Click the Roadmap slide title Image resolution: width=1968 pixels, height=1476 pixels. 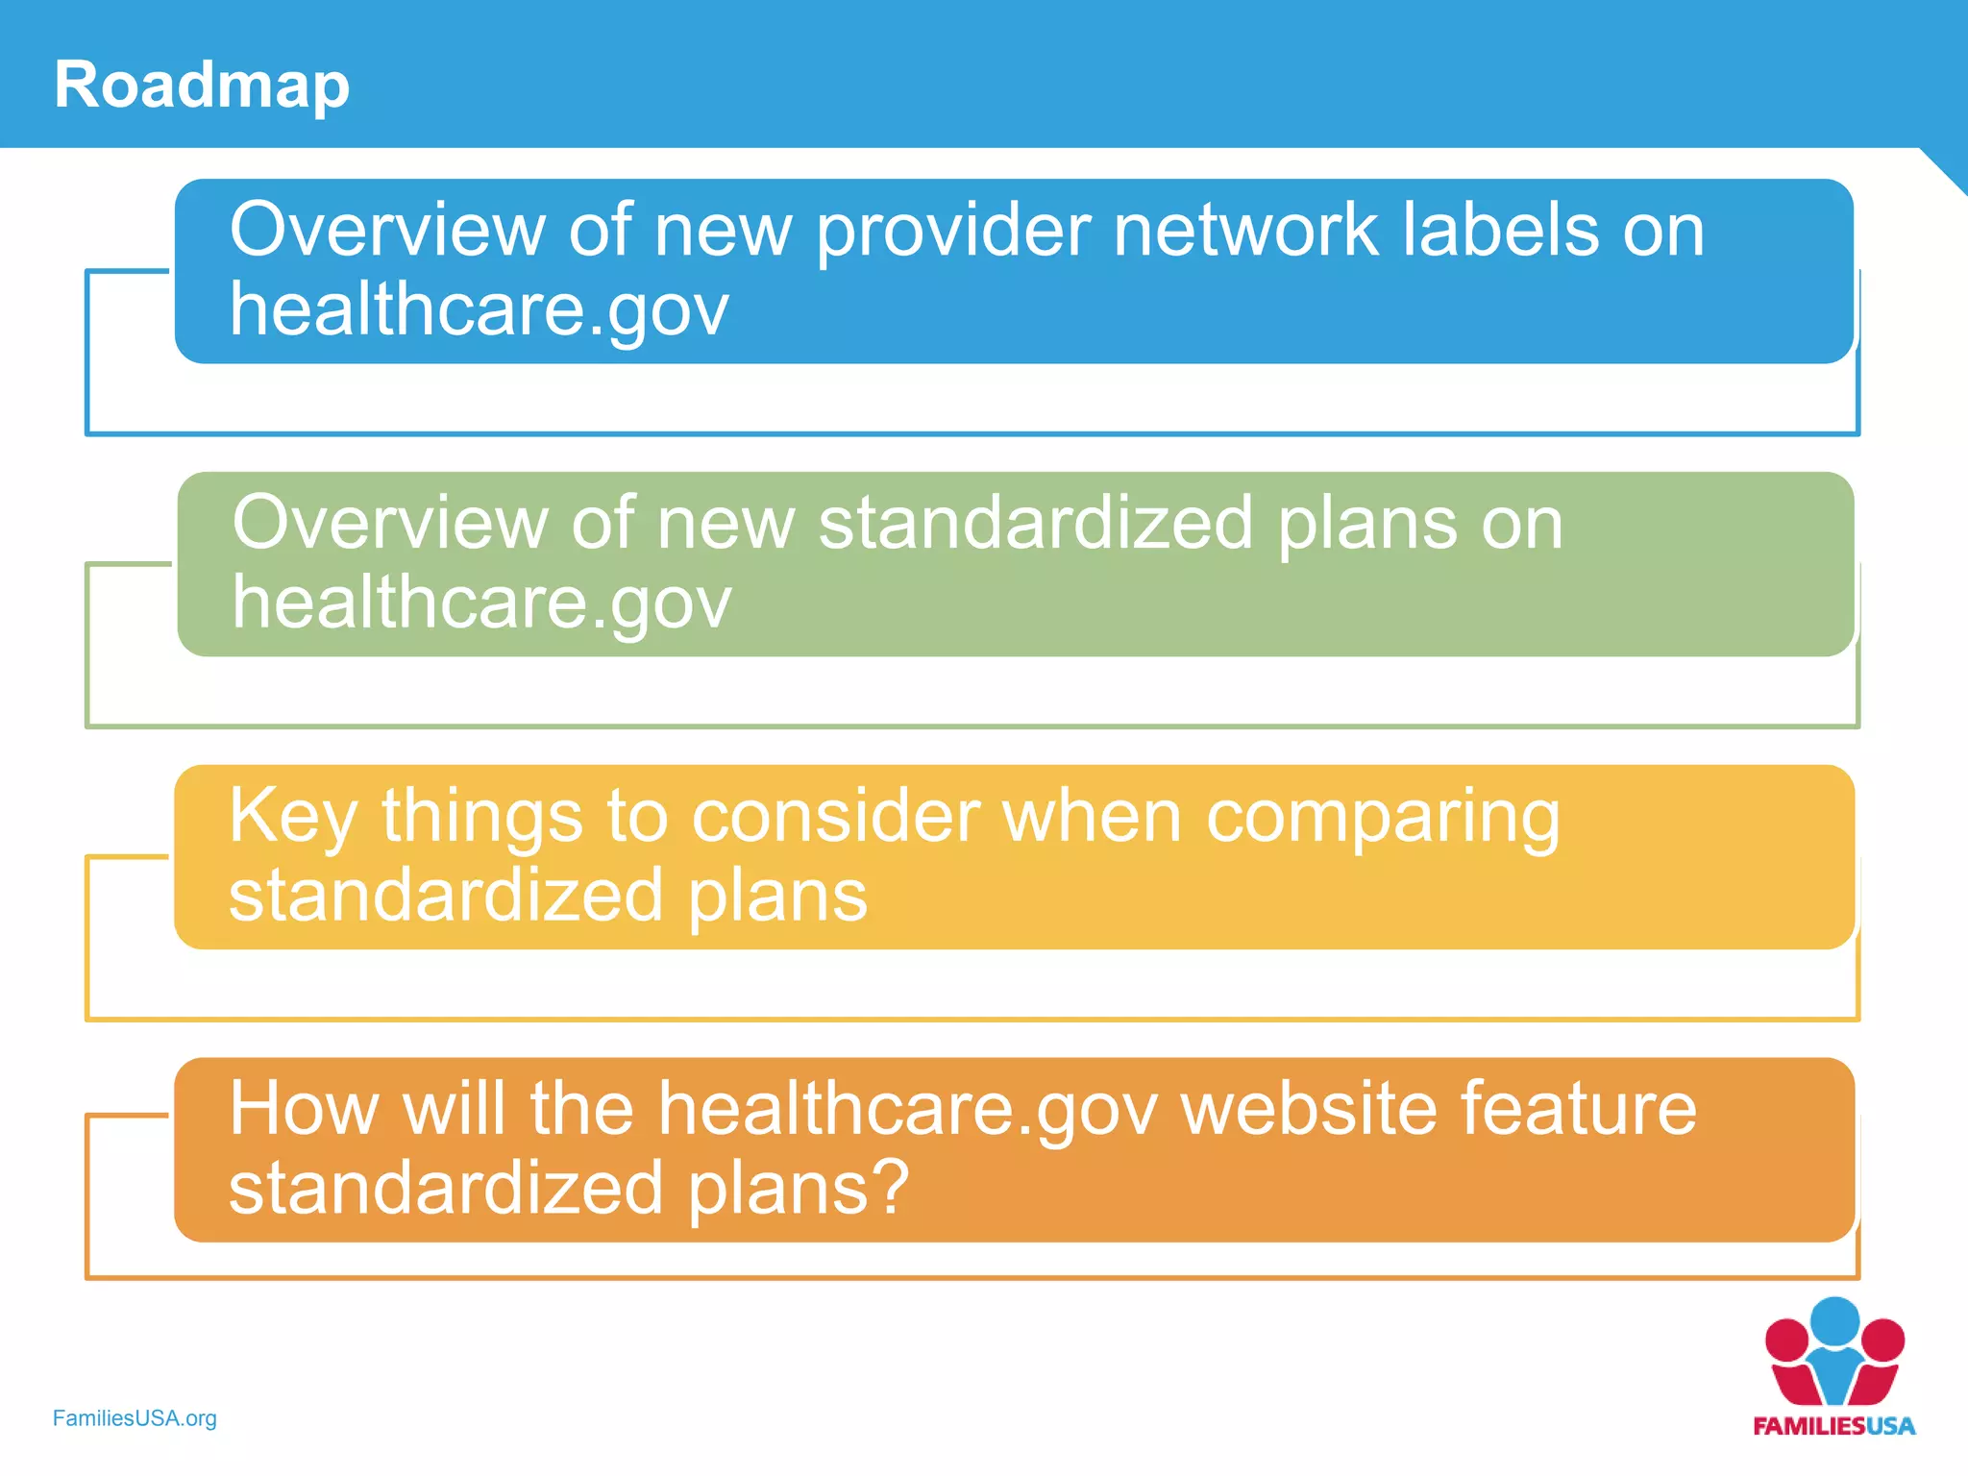(x=202, y=85)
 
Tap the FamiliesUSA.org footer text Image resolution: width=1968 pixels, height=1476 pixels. (x=135, y=1418)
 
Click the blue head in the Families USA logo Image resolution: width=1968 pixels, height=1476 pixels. (x=1834, y=1321)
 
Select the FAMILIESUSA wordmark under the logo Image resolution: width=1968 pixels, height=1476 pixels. (x=1833, y=1426)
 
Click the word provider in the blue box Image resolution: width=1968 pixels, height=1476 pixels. (x=952, y=232)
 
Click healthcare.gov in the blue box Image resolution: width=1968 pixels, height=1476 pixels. (x=479, y=311)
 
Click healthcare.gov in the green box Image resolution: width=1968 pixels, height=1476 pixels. (x=481, y=604)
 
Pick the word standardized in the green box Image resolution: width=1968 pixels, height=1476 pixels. (x=1035, y=524)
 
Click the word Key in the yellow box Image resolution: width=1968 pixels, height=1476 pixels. (x=292, y=818)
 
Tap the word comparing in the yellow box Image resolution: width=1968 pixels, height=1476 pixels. (x=1383, y=818)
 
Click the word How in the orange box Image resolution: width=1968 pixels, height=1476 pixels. (x=304, y=1110)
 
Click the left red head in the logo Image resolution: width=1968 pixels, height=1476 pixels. (x=1786, y=1340)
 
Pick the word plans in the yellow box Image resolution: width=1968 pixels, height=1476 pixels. (x=777, y=898)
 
